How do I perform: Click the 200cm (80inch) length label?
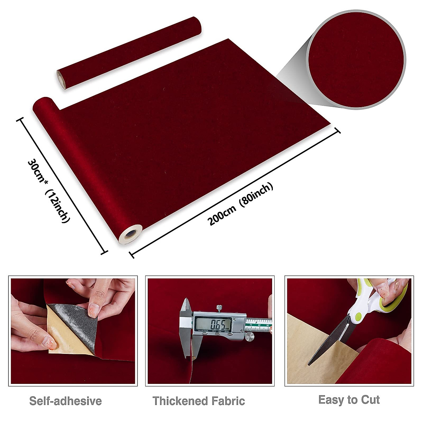point(241,204)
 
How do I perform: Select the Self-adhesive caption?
point(65,401)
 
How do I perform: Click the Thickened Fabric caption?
point(198,401)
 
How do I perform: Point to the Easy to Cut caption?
point(349,400)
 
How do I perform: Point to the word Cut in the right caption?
point(370,400)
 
